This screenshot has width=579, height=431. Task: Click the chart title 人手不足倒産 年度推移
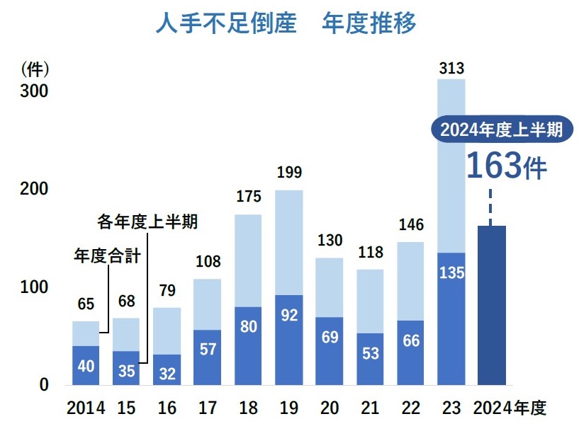(286, 24)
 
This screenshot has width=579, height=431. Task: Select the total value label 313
(451, 69)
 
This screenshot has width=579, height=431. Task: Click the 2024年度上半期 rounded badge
(501, 130)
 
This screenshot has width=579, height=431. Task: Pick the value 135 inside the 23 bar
(451, 272)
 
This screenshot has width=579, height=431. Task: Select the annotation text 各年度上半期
(147, 222)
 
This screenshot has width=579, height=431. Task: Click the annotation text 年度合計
(107, 255)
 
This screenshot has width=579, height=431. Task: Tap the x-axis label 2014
(86, 408)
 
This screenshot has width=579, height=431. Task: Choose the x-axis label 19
(289, 408)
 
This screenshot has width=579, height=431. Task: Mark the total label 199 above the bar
(289, 173)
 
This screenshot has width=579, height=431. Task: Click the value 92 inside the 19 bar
(289, 316)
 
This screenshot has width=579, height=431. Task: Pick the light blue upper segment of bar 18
(248, 260)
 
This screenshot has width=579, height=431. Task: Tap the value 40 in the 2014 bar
(86, 366)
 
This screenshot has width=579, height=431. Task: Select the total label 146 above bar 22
(410, 225)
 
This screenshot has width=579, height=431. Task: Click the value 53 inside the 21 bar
(370, 352)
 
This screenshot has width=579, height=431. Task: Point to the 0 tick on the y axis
(43, 385)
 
